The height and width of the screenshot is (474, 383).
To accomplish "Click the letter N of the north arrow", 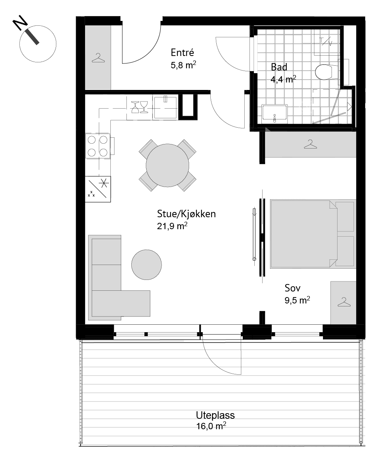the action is [20, 22].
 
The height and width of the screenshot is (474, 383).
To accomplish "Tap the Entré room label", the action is [182, 53].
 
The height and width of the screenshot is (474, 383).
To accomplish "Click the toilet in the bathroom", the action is [327, 72].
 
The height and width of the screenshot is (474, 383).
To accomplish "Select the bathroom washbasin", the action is [274, 114].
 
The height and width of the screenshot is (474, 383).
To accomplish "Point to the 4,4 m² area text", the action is [283, 79].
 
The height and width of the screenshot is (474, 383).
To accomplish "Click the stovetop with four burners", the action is [98, 146].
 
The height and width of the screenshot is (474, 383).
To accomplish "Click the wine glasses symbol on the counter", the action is [139, 107].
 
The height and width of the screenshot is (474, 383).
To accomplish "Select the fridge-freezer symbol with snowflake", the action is [98, 189].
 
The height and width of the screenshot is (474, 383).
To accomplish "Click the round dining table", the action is [167, 165].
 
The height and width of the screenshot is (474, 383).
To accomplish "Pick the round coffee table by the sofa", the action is [147, 265].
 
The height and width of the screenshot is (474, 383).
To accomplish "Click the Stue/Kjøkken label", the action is [186, 214].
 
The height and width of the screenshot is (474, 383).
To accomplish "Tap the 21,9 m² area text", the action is [172, 226].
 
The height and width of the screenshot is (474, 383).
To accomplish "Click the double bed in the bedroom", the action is [313, 234].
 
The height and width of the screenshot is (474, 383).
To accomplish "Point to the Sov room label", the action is [292, 288].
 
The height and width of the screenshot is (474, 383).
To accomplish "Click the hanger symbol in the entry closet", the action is [98, 58].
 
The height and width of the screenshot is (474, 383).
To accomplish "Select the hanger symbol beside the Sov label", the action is [344, 302].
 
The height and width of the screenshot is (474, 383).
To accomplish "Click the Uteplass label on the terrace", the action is [215, 415].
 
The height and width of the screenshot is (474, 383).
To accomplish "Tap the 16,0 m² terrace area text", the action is [211, 426].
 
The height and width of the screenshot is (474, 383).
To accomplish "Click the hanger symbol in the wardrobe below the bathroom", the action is [310, 144].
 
